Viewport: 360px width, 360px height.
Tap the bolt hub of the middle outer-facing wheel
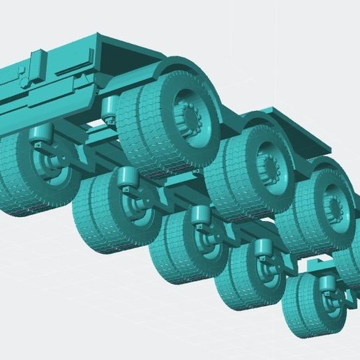point(269,167)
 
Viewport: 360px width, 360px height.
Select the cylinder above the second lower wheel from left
point(128,177)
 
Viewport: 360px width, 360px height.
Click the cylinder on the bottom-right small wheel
point(325,283)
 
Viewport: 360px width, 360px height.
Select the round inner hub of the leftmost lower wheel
point(43,167)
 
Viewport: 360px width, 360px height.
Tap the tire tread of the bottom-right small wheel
point(297,307)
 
